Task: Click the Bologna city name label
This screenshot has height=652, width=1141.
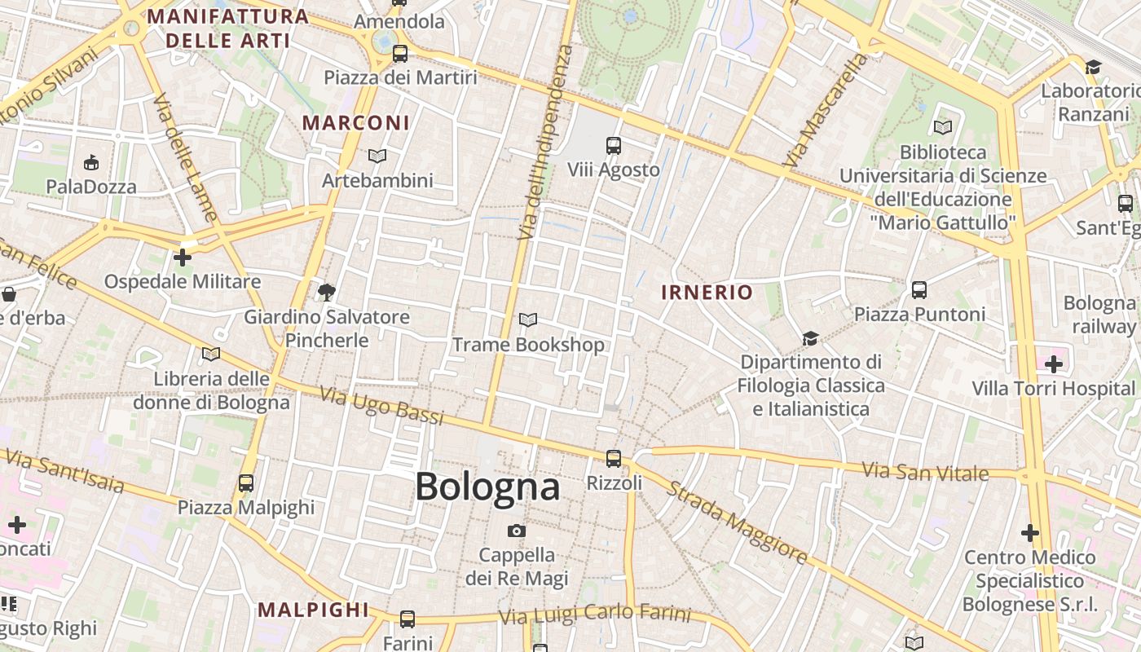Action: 487,487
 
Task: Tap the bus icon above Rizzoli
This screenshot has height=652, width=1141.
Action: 614,459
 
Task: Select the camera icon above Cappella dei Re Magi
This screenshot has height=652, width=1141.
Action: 516,531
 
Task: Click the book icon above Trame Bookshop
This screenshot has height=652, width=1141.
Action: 528,320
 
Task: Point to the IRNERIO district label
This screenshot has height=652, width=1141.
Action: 707,293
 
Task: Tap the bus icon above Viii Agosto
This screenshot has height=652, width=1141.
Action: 614,146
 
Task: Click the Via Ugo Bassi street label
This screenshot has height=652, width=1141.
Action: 381,406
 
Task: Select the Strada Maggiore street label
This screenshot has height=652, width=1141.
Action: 738,522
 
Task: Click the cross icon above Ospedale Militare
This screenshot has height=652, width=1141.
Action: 183,258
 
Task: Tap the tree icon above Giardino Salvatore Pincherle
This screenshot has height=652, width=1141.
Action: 327,292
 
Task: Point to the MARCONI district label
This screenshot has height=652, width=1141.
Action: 356,123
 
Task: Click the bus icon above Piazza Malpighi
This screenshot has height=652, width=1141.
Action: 246,483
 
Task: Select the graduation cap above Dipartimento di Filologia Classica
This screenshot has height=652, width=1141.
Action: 810,338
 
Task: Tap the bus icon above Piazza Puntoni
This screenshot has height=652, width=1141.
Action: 919,290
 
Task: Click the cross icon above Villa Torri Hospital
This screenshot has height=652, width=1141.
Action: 1054,363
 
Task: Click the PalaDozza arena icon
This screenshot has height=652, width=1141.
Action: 91,163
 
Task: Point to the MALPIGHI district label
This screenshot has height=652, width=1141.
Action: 313,610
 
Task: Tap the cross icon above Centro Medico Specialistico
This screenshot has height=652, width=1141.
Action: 1030,533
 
